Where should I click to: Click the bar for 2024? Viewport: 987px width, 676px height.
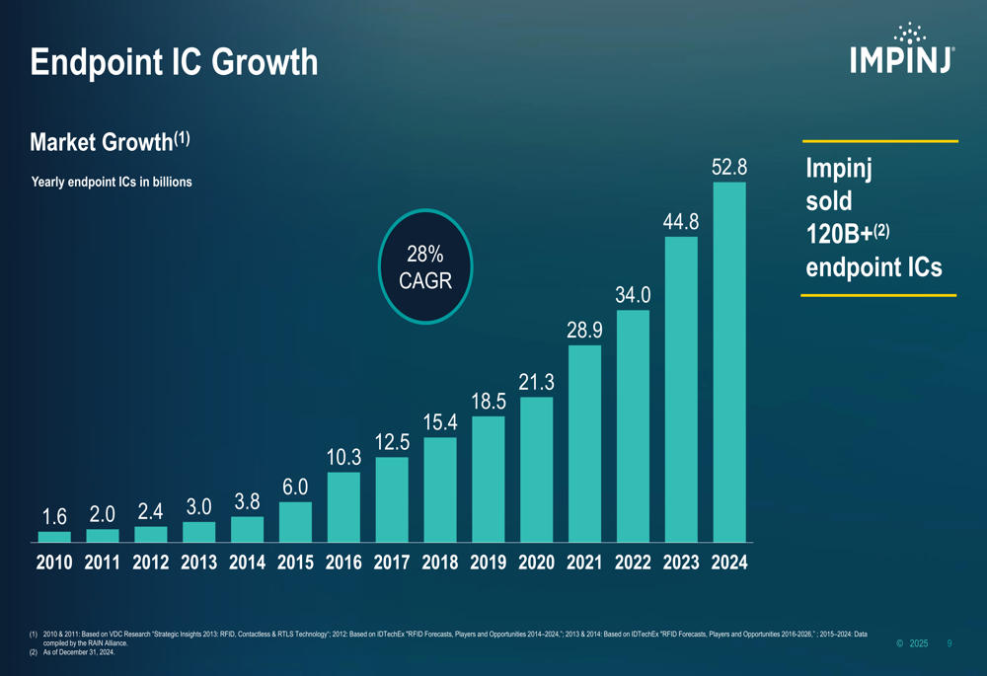coord(729,362)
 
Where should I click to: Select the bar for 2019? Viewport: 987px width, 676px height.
coord(489,480)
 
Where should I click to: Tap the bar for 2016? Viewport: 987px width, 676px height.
coord(343,507)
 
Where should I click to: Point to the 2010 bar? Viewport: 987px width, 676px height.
coord(54,537)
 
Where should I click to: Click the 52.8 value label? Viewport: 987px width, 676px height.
coord(729,168)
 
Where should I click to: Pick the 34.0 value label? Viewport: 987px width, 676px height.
coord(633,295)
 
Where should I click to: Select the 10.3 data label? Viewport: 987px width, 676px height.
coord(343,458)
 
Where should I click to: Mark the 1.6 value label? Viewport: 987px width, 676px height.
coord(54,517)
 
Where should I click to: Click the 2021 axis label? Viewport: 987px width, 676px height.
coord(584,563)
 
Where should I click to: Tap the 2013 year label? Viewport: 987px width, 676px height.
coord(199,563)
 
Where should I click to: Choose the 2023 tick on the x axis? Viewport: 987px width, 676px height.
coord(681,563)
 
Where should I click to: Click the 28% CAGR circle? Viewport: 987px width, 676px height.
coord(424,266)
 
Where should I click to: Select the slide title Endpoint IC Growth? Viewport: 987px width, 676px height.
coord(174,63)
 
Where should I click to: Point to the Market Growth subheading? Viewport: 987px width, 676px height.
coord(110,141)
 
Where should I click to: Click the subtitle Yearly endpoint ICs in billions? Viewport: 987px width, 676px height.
coord(112,183)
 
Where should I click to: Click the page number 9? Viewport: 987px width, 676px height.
coord(949,643)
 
